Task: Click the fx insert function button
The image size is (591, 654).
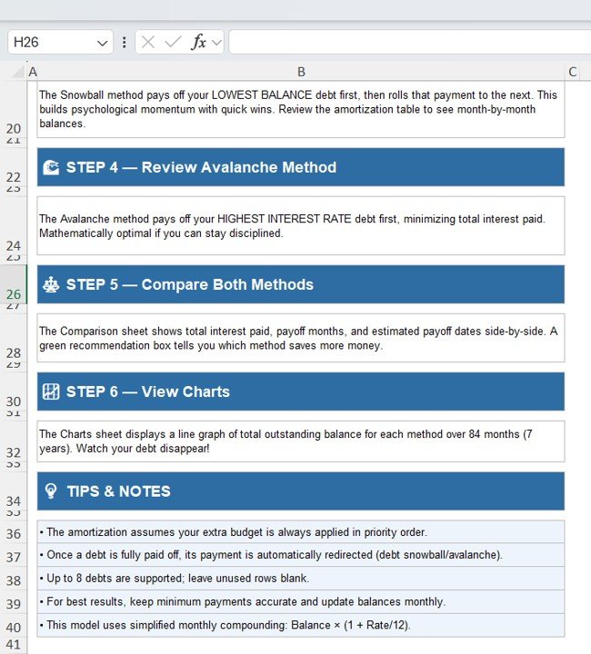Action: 198,43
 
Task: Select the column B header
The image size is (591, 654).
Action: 301,72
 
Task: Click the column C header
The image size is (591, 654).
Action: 572,72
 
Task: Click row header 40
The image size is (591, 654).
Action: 13,627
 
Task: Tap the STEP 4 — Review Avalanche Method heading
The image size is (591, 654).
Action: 201,167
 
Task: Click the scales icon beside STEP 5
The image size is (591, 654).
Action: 51,284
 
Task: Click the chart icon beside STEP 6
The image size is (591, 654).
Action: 51,391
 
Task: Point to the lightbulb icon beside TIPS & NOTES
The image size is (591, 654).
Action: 51,491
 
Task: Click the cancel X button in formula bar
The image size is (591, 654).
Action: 148,43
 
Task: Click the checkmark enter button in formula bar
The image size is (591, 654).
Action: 172,43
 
